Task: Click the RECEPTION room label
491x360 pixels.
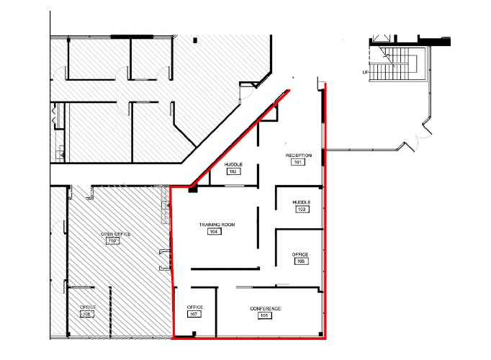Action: point(298,156)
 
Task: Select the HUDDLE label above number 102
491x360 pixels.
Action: point(233,165)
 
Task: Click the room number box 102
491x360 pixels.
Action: point(233,172)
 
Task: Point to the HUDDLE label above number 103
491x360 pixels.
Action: point(301,202)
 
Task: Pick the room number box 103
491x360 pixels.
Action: point(301,210)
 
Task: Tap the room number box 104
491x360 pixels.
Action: point(214,232)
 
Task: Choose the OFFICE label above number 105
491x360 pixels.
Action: point(300,254)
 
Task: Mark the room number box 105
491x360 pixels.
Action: point(300,261)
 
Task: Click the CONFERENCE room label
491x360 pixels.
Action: point(265,309)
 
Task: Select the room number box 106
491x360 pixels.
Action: point(265,315)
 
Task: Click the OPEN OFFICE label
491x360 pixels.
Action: point(112,234)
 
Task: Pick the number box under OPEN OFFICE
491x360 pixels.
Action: point(112,241)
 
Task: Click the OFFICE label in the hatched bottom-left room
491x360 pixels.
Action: point(88,308)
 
